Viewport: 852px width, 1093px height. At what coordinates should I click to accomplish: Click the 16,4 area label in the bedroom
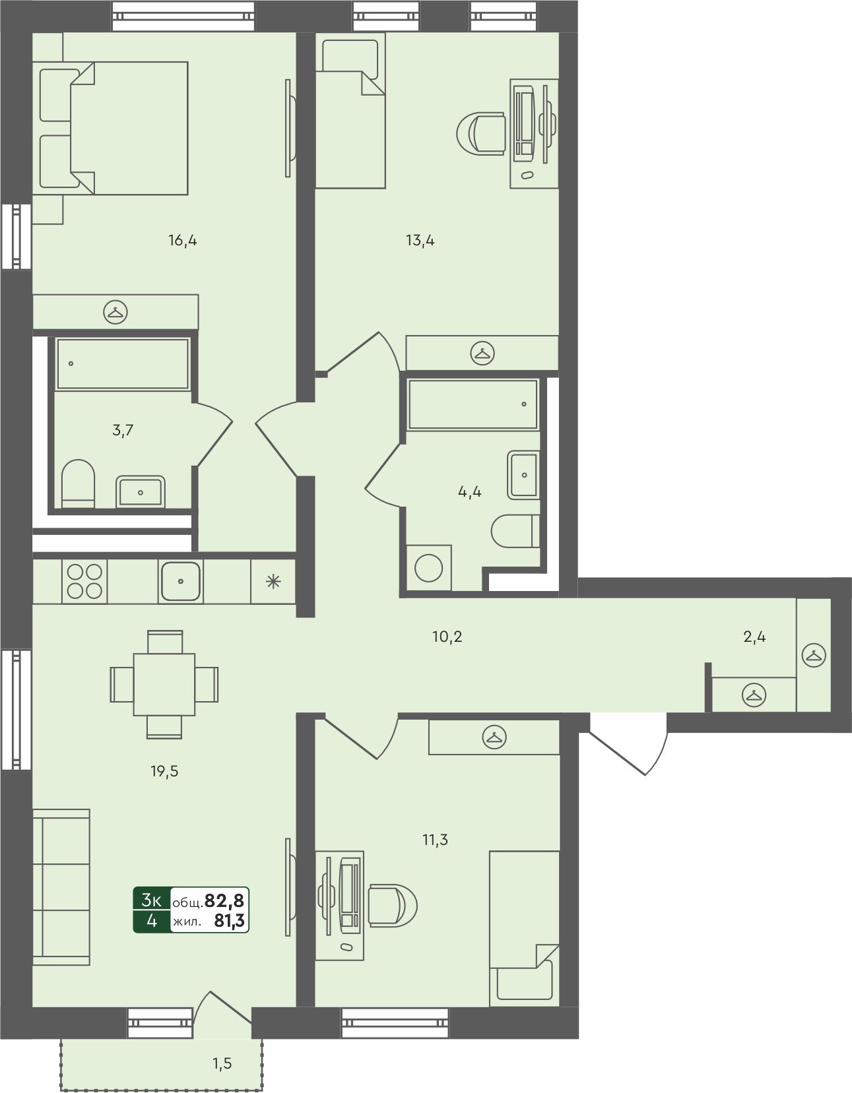[183, 240]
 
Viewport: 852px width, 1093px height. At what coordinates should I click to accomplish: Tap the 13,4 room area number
[420, 240]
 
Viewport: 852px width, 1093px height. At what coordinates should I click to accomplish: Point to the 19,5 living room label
[164, 771]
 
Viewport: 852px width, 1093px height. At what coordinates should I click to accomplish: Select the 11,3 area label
[436, 840]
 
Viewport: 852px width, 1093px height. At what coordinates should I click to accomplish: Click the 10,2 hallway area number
[447, 637]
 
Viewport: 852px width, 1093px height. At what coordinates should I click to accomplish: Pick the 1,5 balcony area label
[222, 1063]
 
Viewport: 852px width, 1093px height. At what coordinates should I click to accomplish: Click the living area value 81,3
[230, 920]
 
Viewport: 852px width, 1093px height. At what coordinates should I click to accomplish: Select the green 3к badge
[152, 900]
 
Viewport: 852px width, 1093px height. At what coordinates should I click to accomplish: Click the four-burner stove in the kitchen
[84, 581]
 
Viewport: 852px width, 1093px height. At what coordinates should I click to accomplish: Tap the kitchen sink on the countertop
[181, 581]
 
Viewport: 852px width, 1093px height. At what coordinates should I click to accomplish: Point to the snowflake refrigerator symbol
[273, 582]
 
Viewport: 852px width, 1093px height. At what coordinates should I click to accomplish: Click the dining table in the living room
[164, 684]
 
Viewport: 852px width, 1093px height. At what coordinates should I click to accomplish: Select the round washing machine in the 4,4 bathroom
[429, 568]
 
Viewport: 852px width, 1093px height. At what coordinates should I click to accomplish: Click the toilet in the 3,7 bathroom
[78, 484]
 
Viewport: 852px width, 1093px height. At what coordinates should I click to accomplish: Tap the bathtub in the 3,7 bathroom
[123, 363]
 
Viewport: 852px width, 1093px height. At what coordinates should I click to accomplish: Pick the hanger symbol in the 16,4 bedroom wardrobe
[115, 313]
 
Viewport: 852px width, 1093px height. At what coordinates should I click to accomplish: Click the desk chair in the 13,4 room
[481, 133]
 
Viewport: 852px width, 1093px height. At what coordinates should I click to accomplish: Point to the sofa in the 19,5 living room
[61, 887]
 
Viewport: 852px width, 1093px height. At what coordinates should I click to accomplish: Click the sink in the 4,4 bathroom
[523, 475]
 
